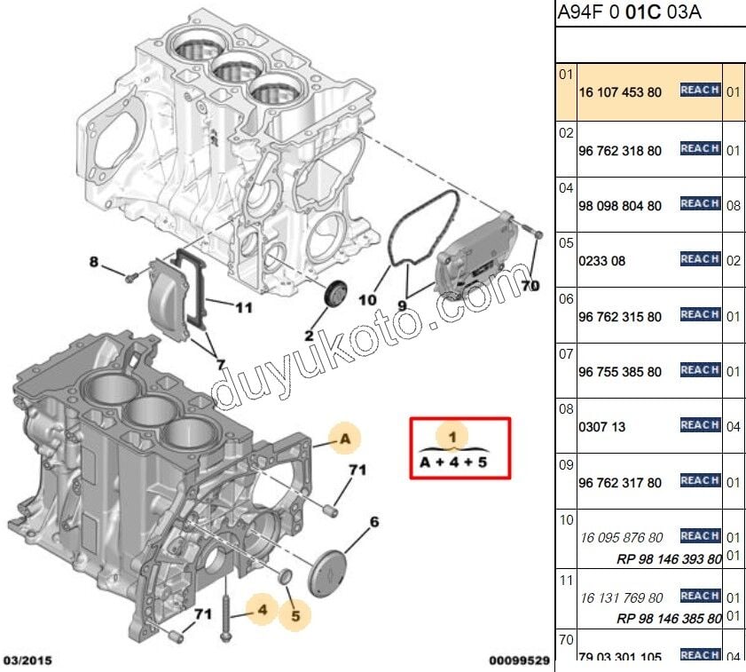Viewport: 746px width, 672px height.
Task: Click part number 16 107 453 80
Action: pos(620,92)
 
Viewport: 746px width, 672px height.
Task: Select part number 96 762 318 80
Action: pos(620,151)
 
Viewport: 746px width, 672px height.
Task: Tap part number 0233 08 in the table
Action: pos(602,262)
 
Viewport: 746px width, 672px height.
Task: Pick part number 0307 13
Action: pos(602,427)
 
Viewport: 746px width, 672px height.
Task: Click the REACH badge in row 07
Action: pos(700,370)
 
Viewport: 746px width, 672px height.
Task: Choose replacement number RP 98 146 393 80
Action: pos(669,559)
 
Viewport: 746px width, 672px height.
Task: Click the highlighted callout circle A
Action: pos(346,438)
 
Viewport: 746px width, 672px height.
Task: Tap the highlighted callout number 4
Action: pos(263,609)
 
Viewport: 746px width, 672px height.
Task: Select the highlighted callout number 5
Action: pos(295,613)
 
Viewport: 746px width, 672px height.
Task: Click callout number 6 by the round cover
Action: pos(373,522)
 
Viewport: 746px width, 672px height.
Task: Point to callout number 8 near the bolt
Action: pos(94,262)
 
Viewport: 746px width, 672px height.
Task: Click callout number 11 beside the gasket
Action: pos(243,308)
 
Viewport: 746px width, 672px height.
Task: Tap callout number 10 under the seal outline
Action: pos(367,300)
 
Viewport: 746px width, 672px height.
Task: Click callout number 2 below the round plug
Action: pos(309,336)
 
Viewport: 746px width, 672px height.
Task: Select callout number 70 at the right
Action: pos(530,286)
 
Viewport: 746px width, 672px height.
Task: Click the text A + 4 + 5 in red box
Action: pos(453,462)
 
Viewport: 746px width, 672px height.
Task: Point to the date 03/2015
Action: pos(27,660)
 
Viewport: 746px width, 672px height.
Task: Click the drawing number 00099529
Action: pos(519,660)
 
